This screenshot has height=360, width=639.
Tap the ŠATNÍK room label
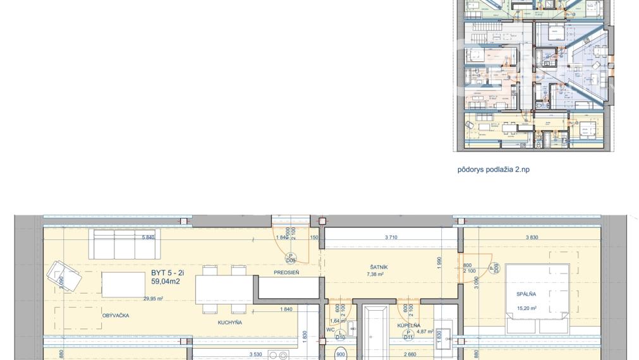(x=379, y=267)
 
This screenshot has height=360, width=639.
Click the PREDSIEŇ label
(x=286, y=272)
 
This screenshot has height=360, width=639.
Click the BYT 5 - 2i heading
(x=167, y=273)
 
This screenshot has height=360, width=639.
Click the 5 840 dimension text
(x=149, y=237)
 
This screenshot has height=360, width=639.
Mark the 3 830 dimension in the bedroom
(x=536, y=237)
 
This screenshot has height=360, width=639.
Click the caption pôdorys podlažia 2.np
(x=494, y=170)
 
